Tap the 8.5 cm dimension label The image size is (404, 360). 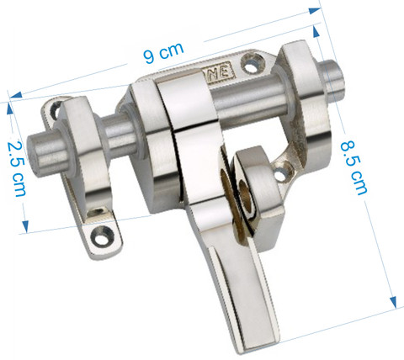click(x=353, y=167)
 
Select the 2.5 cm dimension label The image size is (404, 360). click(x=17, y=169)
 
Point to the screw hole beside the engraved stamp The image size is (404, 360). click(x=252, y=64)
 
